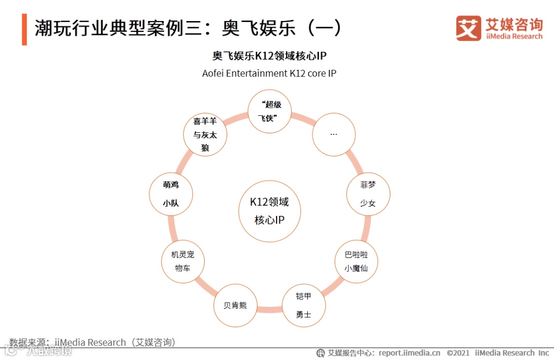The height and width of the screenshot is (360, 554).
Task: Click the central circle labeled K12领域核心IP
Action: (269, 211)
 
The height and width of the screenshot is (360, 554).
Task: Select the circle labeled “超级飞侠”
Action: (269, 111)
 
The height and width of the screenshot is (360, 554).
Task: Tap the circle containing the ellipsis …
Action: (334, 134)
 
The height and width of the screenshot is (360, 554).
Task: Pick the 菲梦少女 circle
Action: (368, 194)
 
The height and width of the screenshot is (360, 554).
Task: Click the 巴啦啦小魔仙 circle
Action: (356, 261)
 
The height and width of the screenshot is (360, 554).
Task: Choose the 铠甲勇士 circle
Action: (304, 305)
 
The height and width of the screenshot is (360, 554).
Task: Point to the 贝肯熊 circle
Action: (235, 305)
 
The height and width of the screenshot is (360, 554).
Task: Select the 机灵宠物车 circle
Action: (183, 261)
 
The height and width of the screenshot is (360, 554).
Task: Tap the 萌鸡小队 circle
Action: (171, 194)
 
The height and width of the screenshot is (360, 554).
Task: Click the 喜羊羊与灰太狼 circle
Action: (205, 134)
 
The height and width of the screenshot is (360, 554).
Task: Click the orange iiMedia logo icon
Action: (468, 28)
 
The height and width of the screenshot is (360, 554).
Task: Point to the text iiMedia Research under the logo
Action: (513, 36)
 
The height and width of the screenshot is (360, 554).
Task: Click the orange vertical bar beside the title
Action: (24, 29)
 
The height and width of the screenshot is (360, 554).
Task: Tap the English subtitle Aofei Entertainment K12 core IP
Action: (269, 73)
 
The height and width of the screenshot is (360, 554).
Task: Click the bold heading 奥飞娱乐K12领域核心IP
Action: (269, 56)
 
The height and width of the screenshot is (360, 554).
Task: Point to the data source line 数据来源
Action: (92, 342)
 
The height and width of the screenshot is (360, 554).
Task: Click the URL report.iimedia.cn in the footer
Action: (409, 353)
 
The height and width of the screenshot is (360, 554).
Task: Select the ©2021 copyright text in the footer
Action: (458, 353)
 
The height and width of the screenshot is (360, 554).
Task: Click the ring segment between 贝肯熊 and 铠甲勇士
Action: (269, 309)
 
